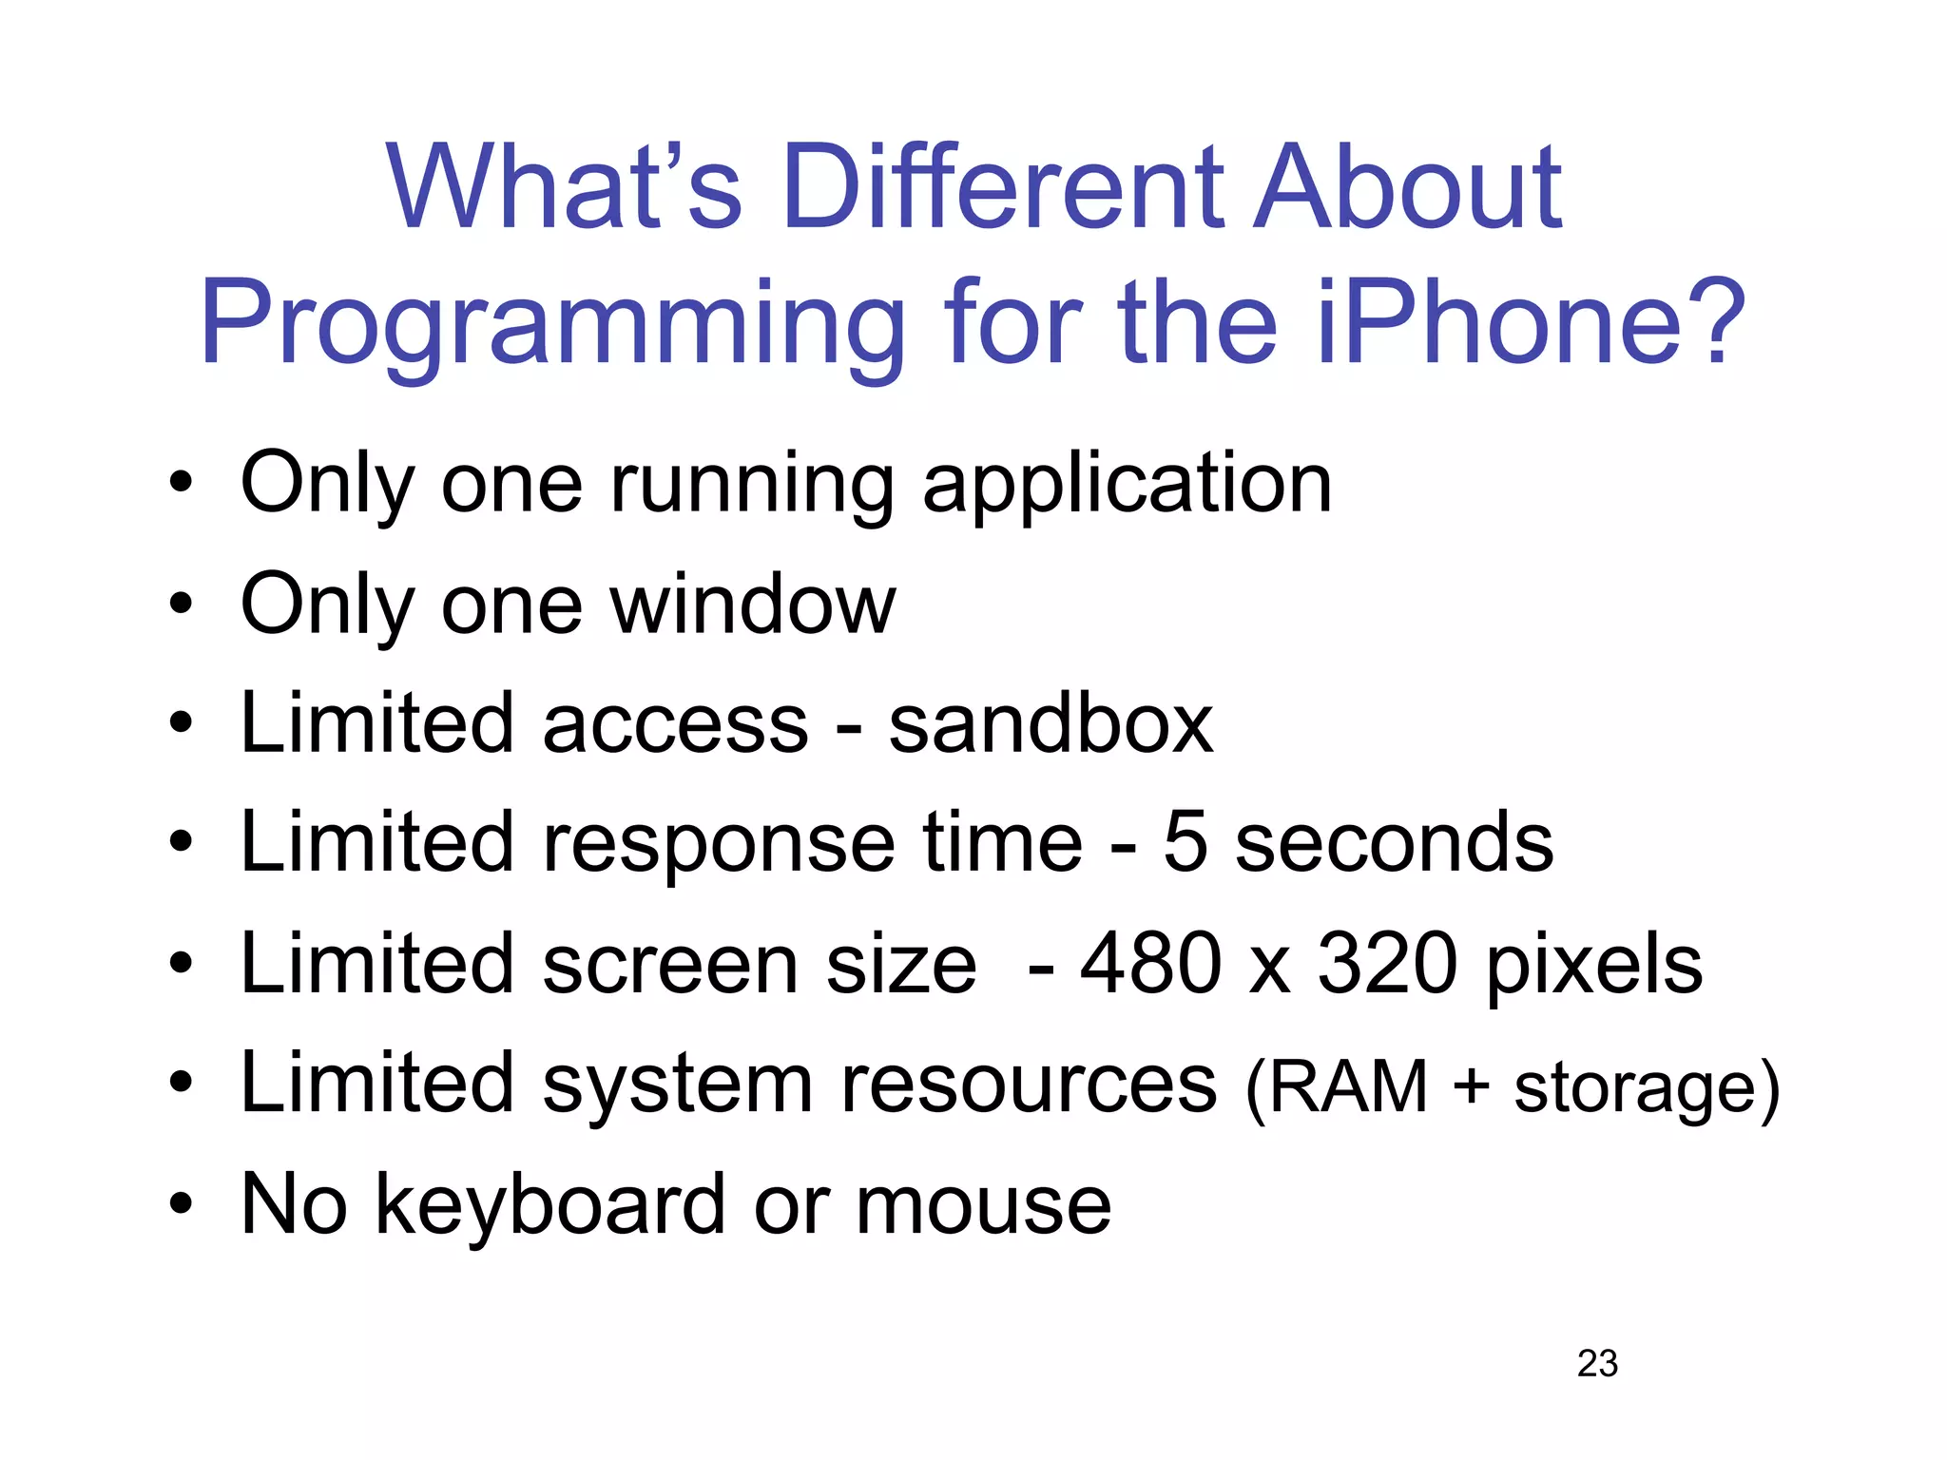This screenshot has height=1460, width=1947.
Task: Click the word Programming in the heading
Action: tap(551, 328)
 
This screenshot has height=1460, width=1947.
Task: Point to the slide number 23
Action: tap(1597, 1363)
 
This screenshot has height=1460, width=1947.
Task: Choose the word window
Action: tap(753, 605)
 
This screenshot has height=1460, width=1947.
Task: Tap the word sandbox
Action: tap(1051, 724)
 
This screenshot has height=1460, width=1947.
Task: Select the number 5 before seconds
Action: tap(1185, 843)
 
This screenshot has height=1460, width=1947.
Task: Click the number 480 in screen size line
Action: tap(1149, 964)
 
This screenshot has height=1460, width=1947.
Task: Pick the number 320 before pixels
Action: tap(1387, 964)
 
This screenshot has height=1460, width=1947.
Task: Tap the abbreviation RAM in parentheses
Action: tap(1348, 1086)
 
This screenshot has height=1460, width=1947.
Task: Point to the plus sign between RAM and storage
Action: tap(1470, 1086)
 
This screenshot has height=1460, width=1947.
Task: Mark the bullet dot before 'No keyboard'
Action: tap(181, 1205)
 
